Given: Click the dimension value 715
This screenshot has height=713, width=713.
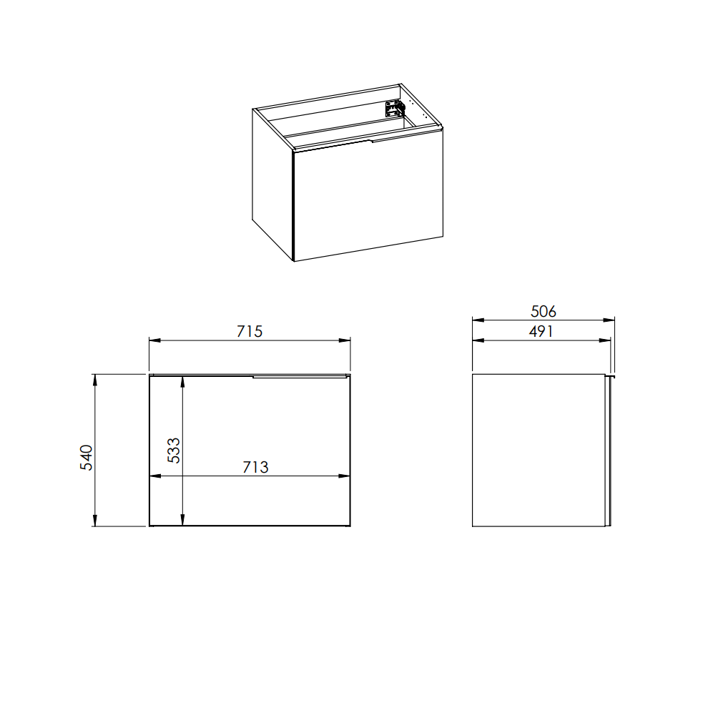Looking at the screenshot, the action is point(250,332).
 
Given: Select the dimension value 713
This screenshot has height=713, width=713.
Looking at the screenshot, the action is point(255,467).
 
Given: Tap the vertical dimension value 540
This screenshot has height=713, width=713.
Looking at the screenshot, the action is point(87,458).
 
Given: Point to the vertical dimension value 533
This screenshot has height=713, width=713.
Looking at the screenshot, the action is point(174,450).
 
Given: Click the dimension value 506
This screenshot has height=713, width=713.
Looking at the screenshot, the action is point(544,312).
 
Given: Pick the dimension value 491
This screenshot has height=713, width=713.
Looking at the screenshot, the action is point(541,332).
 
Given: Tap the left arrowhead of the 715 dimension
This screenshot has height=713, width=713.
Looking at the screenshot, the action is point(155,340).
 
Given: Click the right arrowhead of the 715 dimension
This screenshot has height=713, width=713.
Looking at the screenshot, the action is point(345,340).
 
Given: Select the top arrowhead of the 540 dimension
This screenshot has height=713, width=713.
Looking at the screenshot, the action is point(95,380).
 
